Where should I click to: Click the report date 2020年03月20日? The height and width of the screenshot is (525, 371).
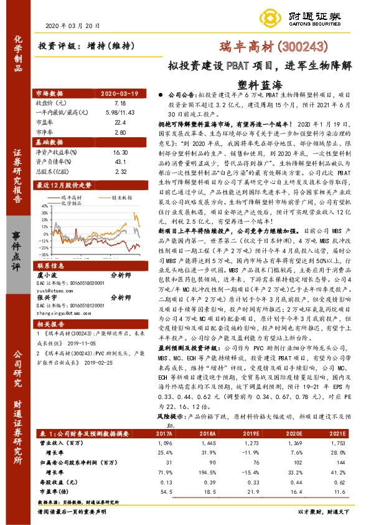(73, 26)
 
